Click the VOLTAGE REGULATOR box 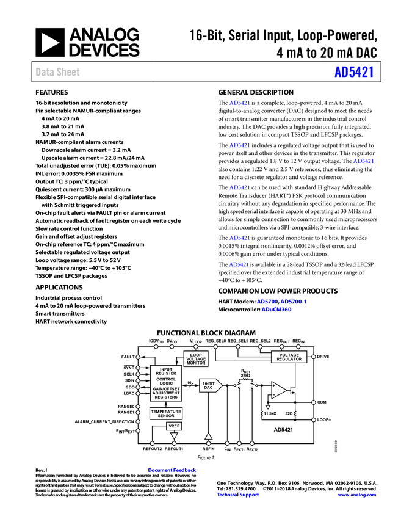(289, 357)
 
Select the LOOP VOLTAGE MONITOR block (196, 358)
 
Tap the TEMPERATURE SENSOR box (166, 413)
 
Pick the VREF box (173, 426)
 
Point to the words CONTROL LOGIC (166, 381)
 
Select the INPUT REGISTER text (166, 371)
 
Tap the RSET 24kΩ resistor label (245, 373)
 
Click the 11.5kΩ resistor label (270, 413)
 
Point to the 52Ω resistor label (289, 413)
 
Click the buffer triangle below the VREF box (173, 437)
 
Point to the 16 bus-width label (189, 382)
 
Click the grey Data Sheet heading (58, 72)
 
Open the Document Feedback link (173, 470)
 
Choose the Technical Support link (238, 495)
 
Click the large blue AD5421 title (354, 72)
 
